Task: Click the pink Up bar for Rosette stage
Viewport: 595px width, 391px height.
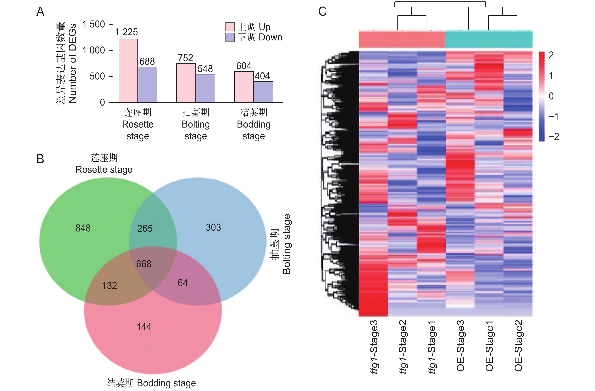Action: (128, 71)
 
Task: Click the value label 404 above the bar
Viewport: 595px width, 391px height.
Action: (262, 76)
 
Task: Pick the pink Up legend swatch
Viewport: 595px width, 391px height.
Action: (230, 27)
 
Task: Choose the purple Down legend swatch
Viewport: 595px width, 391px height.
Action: (230, 37)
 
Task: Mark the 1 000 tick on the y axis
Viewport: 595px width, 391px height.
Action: (94, 50)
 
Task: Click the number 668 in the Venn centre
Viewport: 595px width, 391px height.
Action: (144, 264)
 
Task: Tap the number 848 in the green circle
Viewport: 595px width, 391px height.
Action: (83, 228)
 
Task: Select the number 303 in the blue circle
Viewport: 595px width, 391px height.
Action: (213, 227)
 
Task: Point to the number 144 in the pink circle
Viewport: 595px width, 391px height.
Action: (144, 327)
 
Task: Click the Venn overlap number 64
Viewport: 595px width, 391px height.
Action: (183, 283)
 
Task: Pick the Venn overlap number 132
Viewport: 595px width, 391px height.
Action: (110, 286)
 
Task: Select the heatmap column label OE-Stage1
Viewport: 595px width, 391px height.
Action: (489, 346)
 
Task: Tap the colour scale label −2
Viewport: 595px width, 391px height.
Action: (554, 137)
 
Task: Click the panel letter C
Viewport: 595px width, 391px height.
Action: (323, 12)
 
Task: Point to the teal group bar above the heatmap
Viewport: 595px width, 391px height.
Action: (489, 39)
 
